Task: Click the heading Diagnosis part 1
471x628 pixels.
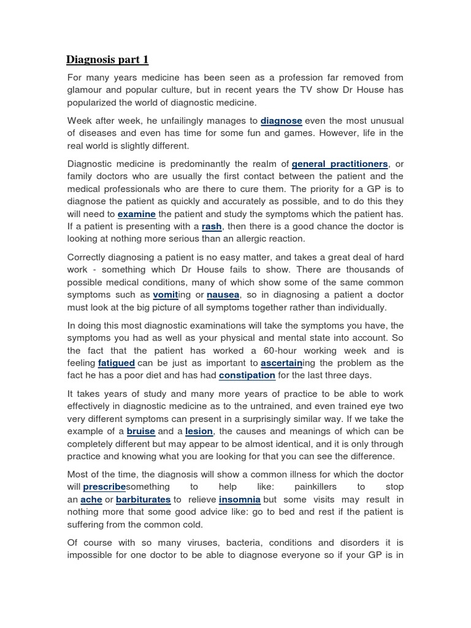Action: [107, 59]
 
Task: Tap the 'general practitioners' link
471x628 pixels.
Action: [340, 164]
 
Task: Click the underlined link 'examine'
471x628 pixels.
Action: [137, 214]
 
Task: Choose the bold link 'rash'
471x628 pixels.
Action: [212, 227]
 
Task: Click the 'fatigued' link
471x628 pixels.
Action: [116, 362]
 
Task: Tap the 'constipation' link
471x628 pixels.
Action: [247, 375]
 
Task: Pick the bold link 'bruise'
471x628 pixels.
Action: [142, 431]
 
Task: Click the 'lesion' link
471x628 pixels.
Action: [199, 431]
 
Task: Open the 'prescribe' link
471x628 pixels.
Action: [104, 486]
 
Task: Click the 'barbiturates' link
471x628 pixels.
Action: [143, 500]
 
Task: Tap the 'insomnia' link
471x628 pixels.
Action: [240, 500]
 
